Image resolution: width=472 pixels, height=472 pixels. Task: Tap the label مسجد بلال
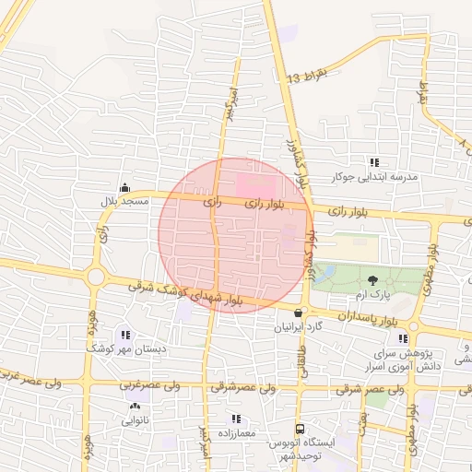tap(119, 200)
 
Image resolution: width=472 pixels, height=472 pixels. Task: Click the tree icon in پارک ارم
tap(372, 279)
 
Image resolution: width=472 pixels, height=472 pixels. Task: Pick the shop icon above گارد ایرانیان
tap(297, 313)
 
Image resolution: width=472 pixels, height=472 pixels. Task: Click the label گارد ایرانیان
tap(298, 327)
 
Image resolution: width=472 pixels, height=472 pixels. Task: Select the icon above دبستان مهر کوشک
tap(125, 335)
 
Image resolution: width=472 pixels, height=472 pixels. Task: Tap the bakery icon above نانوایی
tap(135, 406)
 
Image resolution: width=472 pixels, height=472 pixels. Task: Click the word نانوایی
tap(135, 419)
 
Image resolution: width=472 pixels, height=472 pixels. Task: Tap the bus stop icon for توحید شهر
tap(300, 429)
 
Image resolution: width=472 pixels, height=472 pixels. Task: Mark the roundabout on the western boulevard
tap(96, 276)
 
